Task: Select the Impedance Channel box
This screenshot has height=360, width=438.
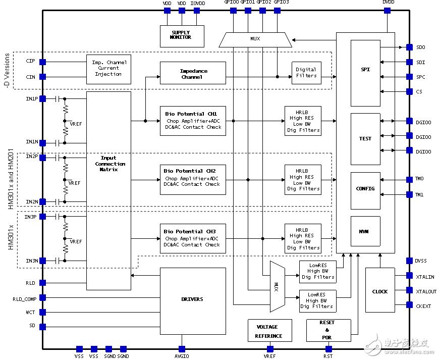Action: (192, 73)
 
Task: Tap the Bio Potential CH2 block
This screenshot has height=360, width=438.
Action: (192, 179)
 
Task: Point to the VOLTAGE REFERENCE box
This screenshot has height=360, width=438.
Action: (269, 331)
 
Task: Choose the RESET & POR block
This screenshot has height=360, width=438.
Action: (326, 330)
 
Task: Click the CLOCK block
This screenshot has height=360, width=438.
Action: (379, 291)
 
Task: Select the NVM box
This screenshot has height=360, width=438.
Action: (365, 231)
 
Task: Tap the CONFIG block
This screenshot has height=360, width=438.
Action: (365, 188)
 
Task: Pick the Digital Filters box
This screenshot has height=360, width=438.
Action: (306, 73)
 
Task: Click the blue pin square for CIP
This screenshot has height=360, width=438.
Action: (42, 62)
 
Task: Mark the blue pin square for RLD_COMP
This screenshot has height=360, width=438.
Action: (42, 298)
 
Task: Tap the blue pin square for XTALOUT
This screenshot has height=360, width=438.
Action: (409, 291)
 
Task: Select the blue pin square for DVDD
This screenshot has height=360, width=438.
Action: (387, 11)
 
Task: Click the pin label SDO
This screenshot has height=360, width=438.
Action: (420, 47)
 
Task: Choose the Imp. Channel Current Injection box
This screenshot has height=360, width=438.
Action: (108, 69)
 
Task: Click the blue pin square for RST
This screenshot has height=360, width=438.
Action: (328, 349)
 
